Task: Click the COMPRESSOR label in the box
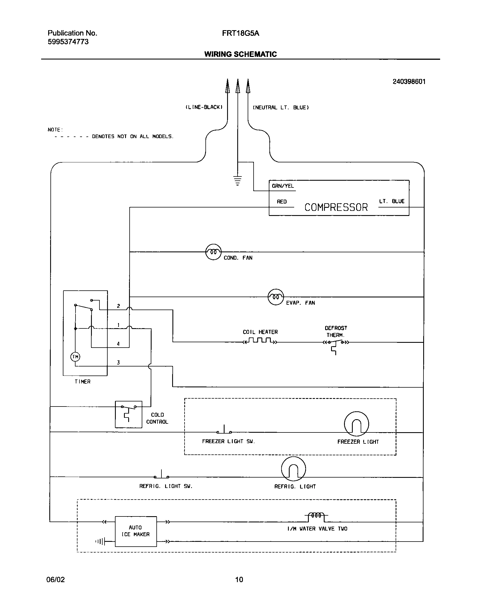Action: click(x=336, y=207)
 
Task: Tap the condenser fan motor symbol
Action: click(x=213, y=252)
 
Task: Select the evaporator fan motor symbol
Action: click(x=276, y=297)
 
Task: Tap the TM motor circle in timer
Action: click(x=75, y=357)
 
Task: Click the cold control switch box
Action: click(x=128, y=414)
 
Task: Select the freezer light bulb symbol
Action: click(x=356, y=424)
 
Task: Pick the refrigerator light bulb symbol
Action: click(x=293, y=469)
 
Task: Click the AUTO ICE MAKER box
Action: click(x=136, y=531)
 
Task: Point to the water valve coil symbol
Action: click(x=316, y=516)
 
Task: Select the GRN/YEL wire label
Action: click(x=283, y=186)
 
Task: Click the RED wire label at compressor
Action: click(x=282, y=202)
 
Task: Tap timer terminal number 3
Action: click(x=118, y=363)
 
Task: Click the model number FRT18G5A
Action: click(x=240, y=33)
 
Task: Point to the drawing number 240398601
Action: click(x=409, y=82)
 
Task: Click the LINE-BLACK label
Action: click(x=204, y=107)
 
